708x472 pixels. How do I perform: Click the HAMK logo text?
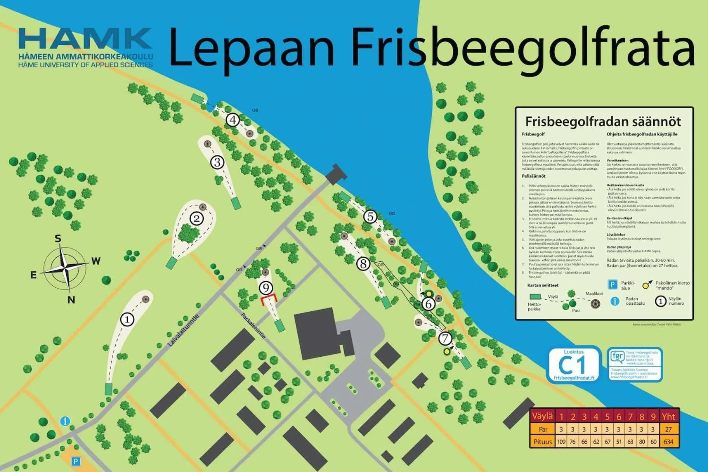click(85, 39)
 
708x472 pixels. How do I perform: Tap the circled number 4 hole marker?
click(233, 120)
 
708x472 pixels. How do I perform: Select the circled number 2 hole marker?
click(197, 218)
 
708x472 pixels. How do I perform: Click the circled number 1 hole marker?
click(127, 319)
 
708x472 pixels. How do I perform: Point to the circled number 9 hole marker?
click(266, 289)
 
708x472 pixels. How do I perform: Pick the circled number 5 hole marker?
click(370, 217)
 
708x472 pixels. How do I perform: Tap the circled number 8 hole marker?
click(363, 264)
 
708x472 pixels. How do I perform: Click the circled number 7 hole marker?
click(445, 338)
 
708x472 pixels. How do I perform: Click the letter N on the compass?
click(71, 300)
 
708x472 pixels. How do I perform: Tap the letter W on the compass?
click(96, 261)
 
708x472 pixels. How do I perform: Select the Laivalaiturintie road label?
click(183, 330)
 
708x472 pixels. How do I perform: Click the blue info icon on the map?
click(65, 421)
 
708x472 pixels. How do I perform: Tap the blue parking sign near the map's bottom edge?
click(76, 461)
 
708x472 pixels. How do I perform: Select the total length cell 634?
click(668, 442)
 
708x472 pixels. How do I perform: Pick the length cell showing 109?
click(561, 442)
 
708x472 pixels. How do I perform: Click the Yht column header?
click(668, 416)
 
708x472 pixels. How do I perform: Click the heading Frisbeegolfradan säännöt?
click(603, 121)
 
